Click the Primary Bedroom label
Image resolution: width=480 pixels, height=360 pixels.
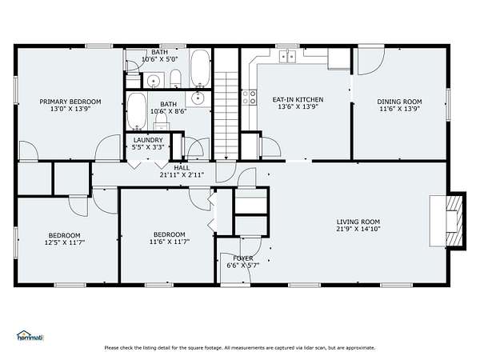70,102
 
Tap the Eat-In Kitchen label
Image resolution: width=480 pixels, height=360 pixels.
298,99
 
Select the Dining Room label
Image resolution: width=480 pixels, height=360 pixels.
399,102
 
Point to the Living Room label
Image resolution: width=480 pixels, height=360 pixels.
358,222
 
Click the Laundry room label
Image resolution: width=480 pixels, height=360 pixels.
148,140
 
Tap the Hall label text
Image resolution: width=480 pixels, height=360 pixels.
182,168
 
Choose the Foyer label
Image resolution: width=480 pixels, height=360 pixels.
243,258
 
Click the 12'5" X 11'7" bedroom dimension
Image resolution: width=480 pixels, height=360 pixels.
65,242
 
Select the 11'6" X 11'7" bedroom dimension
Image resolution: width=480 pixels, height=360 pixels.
170,242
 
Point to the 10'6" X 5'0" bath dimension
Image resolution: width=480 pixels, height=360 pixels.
159,59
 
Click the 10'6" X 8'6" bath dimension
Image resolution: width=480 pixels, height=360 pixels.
168,111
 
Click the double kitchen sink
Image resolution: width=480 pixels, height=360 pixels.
287,56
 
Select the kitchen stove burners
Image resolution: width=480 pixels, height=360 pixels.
249,97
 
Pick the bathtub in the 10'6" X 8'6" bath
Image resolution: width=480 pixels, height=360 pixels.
137,111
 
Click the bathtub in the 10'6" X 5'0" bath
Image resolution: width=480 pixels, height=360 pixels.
200,68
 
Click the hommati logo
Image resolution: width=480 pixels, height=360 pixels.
30,336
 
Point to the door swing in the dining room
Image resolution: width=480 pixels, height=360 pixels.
371,62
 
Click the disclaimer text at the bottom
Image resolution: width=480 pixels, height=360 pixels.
240,348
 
